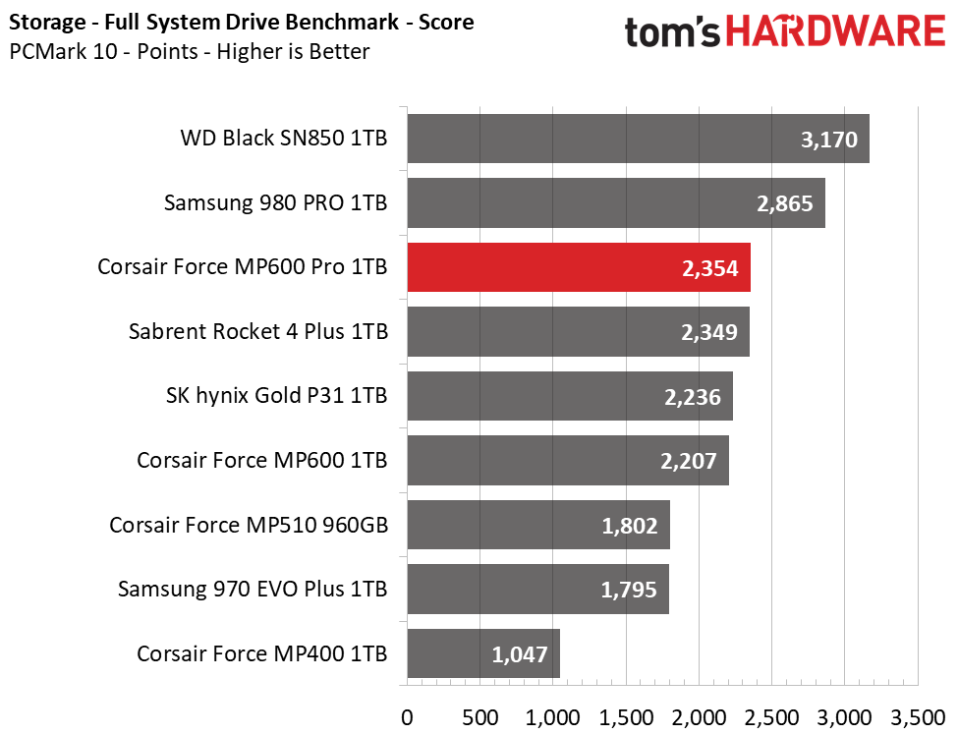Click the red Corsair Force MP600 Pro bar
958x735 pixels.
[x=579, y=267]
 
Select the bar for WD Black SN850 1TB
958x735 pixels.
[x=638, y=139]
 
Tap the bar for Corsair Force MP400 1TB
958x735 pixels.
[x=483, y=653]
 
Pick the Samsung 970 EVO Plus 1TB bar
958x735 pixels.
[x=537, y=589]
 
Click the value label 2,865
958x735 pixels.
[x=784, y=203]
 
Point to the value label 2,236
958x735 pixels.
[x=693, y=397]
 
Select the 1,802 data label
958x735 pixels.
[x=629, y=526]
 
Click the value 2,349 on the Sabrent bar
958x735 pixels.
[x=709, y=332]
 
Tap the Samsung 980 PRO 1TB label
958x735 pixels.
[x=275, y=202]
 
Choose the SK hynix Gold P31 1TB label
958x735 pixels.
[x=277, y=395]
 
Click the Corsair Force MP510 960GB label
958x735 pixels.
[x=249, y=525]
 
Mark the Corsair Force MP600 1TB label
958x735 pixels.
[x=262, y=460]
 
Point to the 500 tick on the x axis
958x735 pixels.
[x=479, y=717]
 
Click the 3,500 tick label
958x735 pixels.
[x=918, y=717]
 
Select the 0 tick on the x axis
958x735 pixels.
[x=407, y=717]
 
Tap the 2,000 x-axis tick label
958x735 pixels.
[x=699, y=717]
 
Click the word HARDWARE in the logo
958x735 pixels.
[x=836, y=31]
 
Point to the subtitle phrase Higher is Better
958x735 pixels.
[x=293, y=51]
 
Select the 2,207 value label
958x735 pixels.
[x=688, y=461]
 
